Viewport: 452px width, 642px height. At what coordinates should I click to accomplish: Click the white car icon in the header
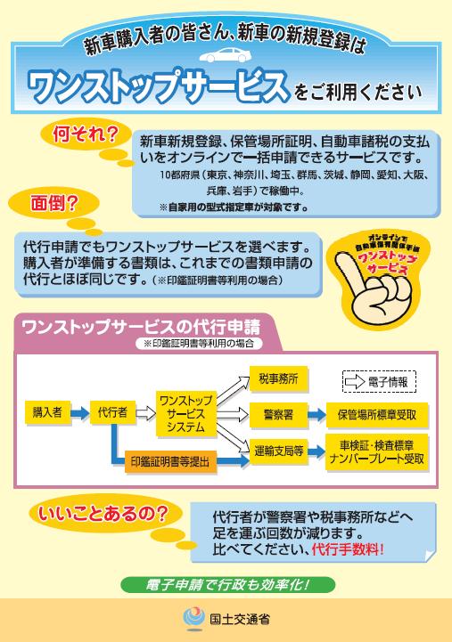coord(226,55)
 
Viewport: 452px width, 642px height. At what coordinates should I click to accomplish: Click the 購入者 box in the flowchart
coord(47,413)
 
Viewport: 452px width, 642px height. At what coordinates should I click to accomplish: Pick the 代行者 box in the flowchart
coord(112,413)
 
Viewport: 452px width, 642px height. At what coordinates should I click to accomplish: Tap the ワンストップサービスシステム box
coord(186,413)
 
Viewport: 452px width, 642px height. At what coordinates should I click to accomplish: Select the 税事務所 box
coord(279,379)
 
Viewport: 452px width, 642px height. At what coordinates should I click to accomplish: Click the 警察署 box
coord(279,415)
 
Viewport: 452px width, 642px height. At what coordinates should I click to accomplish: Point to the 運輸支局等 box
coord(279,451)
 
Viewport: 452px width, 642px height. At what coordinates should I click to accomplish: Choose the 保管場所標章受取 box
coord(377,415)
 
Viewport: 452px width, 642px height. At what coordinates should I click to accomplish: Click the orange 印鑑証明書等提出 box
coord(170,462)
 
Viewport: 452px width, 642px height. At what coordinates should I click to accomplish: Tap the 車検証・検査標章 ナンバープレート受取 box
coord(377,452)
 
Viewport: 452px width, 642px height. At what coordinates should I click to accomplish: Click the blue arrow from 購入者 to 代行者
coord(79,413)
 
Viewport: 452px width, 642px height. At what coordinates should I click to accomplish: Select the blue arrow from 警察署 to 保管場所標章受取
coord(316,415)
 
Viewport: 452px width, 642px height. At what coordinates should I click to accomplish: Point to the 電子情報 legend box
coord(380,382)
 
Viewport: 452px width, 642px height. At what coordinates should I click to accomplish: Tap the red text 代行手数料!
coord(348,549)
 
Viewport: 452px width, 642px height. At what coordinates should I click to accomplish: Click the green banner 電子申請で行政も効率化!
coord(228,585)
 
